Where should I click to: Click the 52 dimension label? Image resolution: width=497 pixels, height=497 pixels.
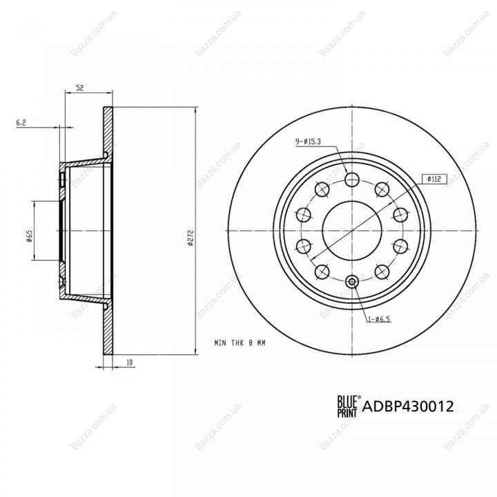79,88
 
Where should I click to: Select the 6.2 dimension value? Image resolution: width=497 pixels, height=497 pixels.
21,123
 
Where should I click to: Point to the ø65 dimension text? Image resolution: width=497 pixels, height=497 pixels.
30,236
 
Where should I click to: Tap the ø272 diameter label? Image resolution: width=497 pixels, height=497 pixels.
191,237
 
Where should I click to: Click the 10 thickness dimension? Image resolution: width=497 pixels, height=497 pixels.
129,362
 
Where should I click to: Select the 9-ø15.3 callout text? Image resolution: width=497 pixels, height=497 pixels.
308,142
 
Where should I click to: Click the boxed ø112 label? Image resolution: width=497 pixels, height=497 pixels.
434,179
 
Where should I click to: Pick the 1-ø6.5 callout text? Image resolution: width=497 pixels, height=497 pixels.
379,319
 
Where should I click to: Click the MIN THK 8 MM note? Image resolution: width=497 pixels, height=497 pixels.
240,343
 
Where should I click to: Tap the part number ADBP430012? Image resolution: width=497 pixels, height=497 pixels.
408,406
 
